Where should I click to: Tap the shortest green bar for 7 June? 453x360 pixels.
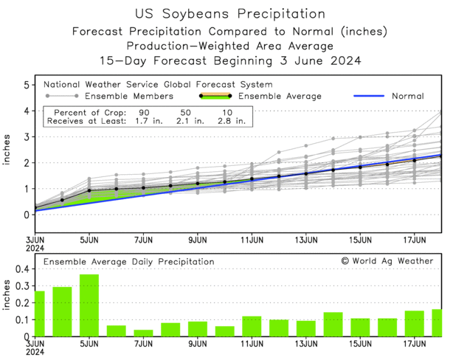coord(143,333)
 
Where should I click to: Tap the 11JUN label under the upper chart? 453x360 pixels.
coord(252,240)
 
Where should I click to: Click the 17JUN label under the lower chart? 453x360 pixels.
coord(415,343)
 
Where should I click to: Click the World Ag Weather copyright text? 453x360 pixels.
coord(387,261)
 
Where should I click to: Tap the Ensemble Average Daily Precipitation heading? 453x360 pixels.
coord(128,262)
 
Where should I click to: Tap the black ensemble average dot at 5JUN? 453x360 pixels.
coord(89,190)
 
